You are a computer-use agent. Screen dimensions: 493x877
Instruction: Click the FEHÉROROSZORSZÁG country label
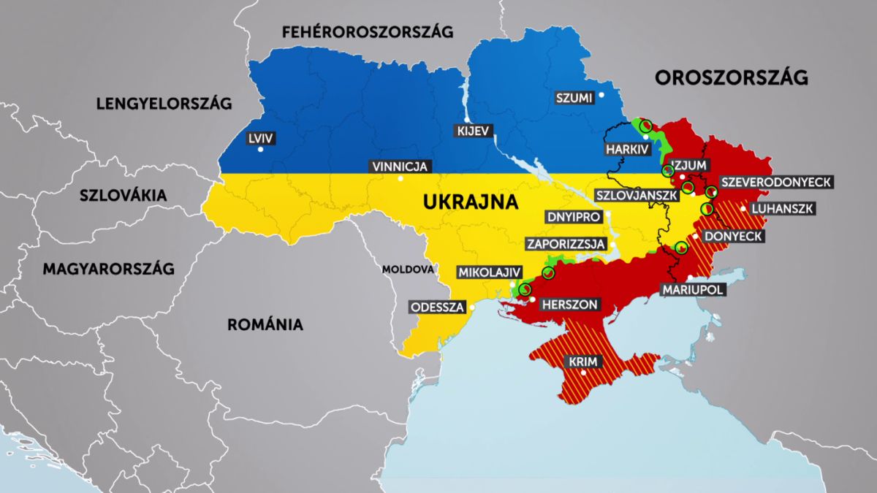click(x=368, y=31)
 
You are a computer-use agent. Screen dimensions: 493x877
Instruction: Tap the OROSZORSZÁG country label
click(x=732, y=77)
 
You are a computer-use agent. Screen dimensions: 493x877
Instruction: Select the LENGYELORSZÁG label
click(x=164, y=104)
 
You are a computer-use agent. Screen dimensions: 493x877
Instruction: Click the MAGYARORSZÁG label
click(x=108, y=269)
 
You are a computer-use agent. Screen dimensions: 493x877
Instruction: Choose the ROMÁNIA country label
click(x=265, y=324)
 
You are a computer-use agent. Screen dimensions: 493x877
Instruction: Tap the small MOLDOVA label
click(x=408, y=270)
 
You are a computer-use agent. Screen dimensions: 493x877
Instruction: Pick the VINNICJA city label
click(x=399, y=167)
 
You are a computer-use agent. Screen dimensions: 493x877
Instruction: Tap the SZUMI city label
click(x=574, y=98)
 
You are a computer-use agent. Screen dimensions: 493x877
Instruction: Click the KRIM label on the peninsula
click(x=582, y=362)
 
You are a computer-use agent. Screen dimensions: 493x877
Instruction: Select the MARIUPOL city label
click(x=692, y=290)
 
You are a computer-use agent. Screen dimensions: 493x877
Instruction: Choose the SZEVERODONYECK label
click(x=775, y=183)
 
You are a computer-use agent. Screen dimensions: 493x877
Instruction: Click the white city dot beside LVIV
click(x=260, y=150)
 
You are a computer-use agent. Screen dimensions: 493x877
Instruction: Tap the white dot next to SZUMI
click(x=601, y=94)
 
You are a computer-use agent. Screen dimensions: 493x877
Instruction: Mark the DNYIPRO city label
click(x=574, y=218)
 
